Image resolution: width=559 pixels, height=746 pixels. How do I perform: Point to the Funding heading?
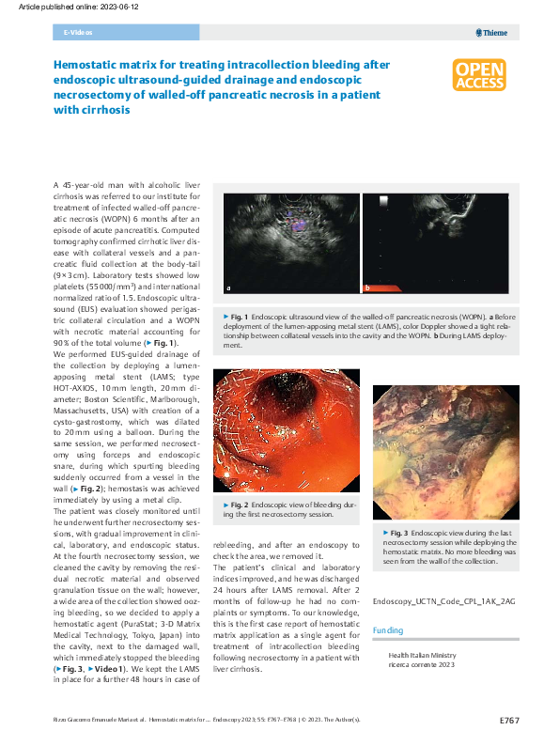pyautogui.click(x=388, y=629)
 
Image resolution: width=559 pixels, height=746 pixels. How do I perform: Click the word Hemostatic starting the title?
pyautogui.click(x=88, y=65)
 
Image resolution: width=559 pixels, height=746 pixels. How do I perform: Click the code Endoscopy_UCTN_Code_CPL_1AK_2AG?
pyautogui.click(x=444, y=599)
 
